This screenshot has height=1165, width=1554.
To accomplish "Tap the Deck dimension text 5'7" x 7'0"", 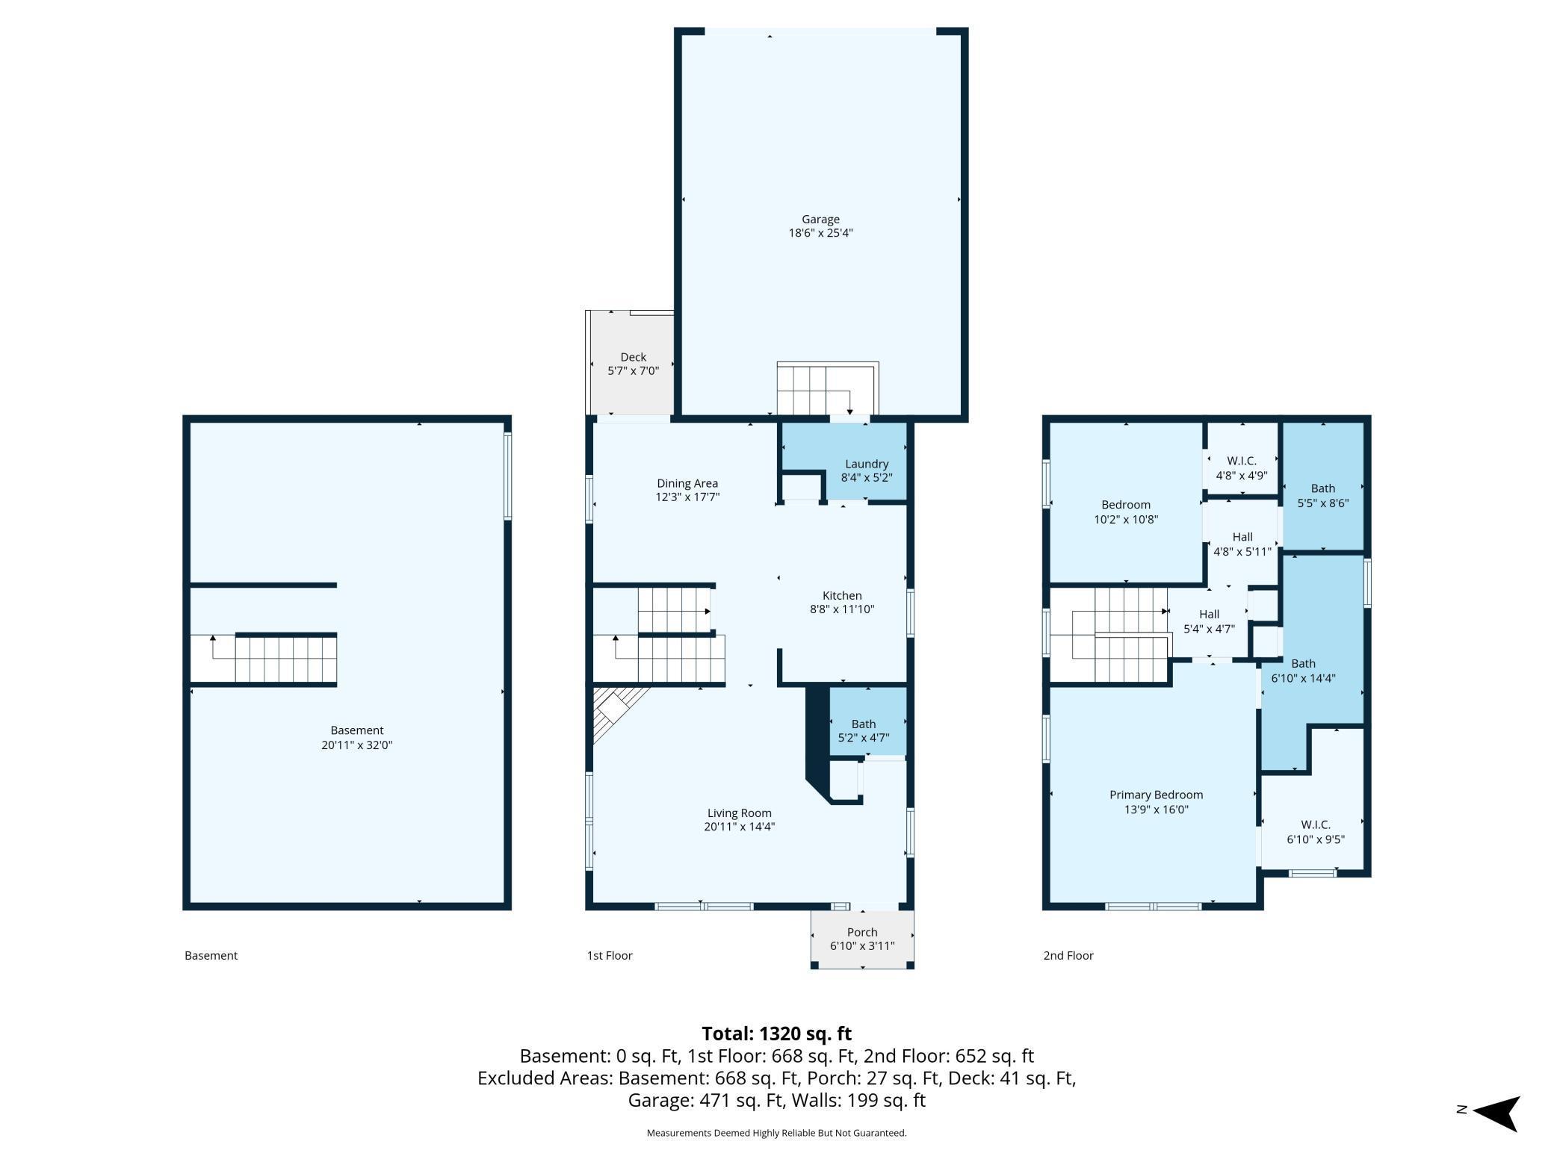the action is tap(633, 370).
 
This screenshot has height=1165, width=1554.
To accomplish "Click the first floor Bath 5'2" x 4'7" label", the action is tap(864, 730).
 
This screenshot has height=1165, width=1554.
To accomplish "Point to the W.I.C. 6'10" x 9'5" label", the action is tap(1316, 831).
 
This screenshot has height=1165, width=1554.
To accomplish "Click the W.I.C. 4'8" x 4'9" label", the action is tap(1242, 467).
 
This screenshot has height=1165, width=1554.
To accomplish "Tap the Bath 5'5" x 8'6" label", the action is tap(1323, 496).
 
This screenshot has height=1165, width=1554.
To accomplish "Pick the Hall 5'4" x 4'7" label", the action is tap(1209, 621).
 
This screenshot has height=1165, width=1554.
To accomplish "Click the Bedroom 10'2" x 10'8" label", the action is tap(1126, 512).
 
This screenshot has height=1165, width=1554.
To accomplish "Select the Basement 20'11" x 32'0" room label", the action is tap(357, 737).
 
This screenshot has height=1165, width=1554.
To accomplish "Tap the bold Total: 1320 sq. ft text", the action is tap(777, 1034).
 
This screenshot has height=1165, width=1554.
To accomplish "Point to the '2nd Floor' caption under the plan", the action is tap(1068, 955).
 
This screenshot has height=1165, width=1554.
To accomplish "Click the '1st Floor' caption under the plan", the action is tap(610, 955).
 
